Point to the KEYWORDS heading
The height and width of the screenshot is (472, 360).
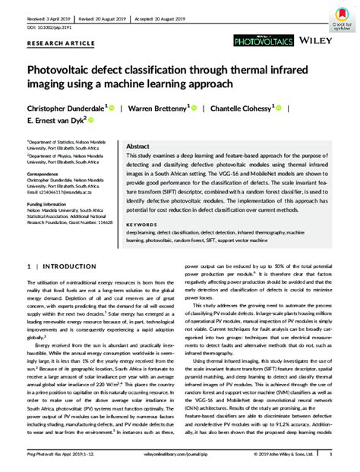click(x=141, y=203)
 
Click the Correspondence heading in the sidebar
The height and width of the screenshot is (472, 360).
click(x=45, y=174)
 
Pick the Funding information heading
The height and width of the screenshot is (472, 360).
click(x=50, y=204)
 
